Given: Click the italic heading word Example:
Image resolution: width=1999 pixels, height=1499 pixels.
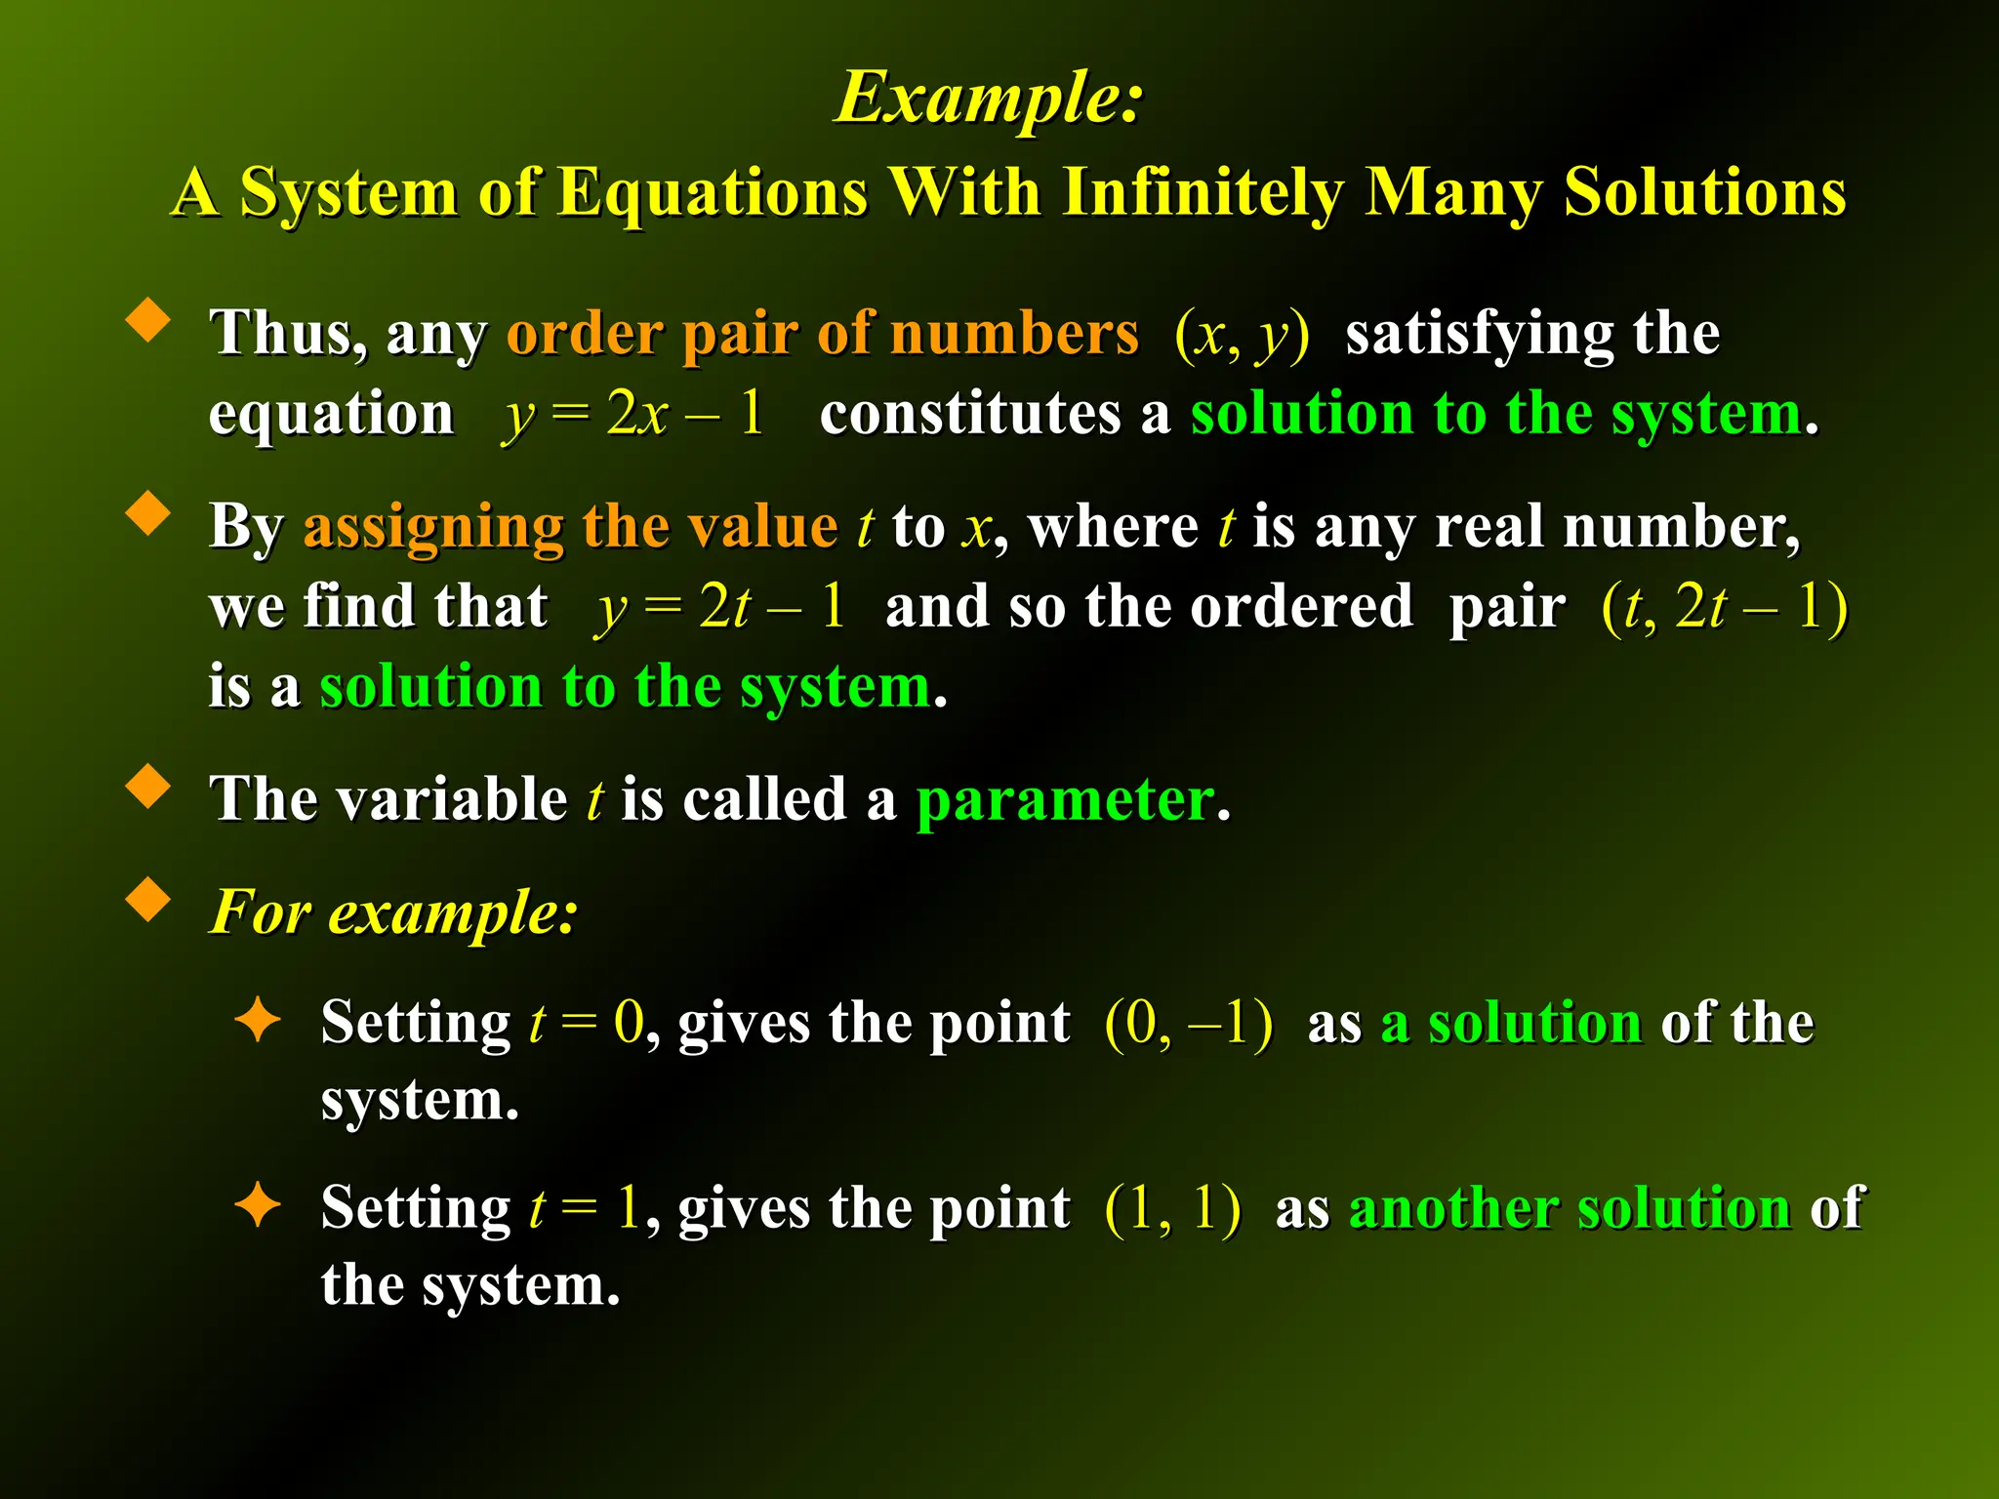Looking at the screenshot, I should (x=989, y=99).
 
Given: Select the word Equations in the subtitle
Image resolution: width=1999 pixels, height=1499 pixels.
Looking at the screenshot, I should (x=712, y=191).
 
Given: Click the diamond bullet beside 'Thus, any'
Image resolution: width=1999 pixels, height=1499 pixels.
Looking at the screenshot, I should (x=148, y=319).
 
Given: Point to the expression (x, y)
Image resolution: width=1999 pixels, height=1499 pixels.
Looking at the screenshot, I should (x=1242, y=335).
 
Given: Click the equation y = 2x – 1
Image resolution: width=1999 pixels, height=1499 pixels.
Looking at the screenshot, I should (x=632, y=414).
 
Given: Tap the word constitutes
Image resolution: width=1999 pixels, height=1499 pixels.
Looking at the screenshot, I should (x=970, y=414).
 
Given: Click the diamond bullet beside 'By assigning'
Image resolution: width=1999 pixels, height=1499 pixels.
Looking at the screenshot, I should (x=148, y=512).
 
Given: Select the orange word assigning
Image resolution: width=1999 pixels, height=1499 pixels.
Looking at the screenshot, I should (x=433, y=527).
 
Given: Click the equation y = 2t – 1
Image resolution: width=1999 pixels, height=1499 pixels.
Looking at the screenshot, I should (x=720, y=607).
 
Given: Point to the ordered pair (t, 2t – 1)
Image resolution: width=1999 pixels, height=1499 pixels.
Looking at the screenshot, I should (x=1725, y=607).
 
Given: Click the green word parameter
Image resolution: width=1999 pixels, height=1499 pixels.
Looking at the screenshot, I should (x=1065, y=800).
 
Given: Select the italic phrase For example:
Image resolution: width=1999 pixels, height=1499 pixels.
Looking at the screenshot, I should (x=394, y=912).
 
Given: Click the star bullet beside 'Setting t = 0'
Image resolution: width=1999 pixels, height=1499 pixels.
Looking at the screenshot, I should (x=259, y=1020).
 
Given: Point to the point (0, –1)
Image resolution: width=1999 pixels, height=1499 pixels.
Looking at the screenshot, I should (x=1188, y=1023).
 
